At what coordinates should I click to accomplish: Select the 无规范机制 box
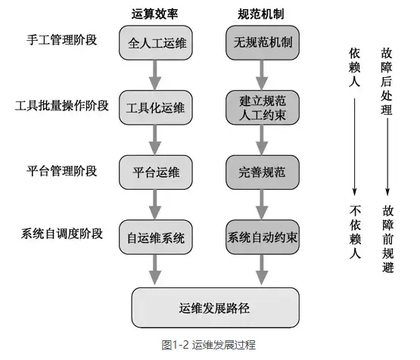pyautogui.click(x=262, y=44)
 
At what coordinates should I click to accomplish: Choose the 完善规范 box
pyautogui.click(x=262, y=172)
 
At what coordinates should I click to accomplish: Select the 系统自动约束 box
pyautogui.click(x=262, y=237)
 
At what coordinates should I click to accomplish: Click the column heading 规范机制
pyautogui.click(x=261, y=13)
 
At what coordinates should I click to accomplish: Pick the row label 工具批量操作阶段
pyautogui.click(x=62, y=105)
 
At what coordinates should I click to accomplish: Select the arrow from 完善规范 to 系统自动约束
pyautogui.click(x=262, y=204)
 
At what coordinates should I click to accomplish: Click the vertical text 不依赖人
pyautogui.click(x=354, y=233)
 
